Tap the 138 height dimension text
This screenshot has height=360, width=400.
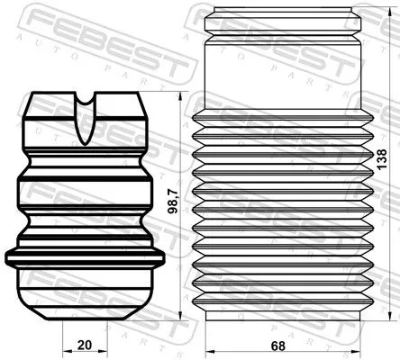[381, 162]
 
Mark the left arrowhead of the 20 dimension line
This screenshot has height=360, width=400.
[63, 352]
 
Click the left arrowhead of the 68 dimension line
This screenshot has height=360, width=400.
[208, 352]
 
